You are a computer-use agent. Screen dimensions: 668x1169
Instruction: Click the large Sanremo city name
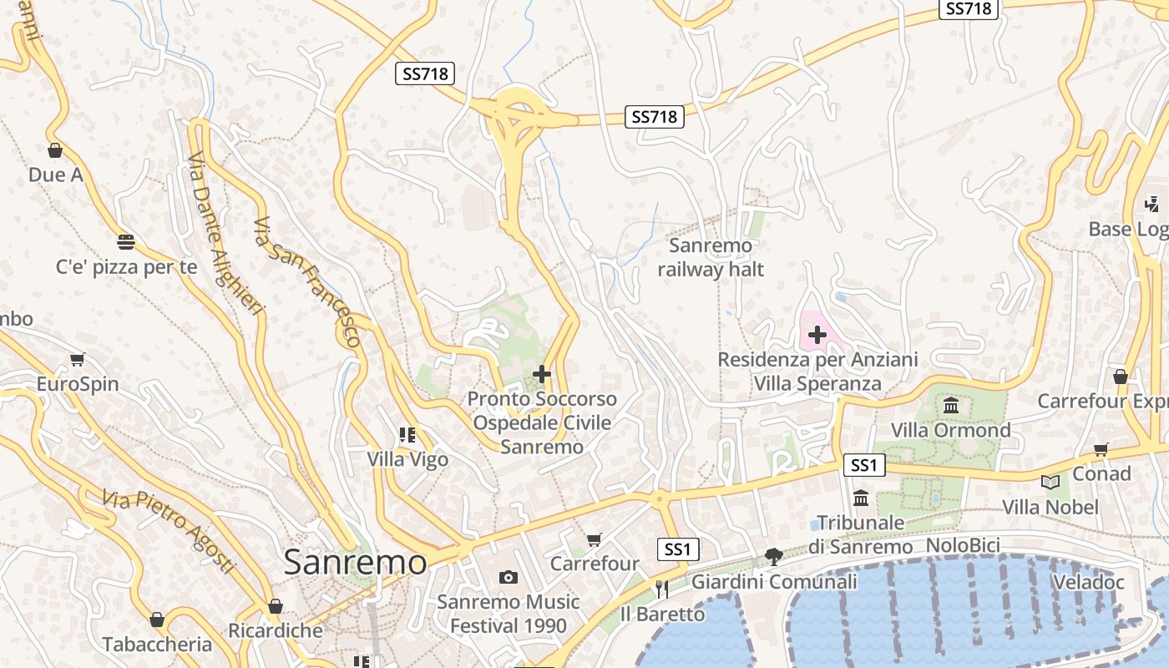click(x=355, y=562)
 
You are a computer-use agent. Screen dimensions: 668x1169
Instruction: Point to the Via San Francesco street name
click(x=307, y=282)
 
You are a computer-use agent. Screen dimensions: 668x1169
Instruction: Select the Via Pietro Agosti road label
click(x=169, y=532)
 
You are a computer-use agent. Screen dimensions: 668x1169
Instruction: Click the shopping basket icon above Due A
click(x=55, y=150)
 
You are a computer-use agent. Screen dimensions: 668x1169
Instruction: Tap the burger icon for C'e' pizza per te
click(x=126, y=242)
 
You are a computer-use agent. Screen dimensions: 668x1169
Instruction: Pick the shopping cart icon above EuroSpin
click(x=78, y=360)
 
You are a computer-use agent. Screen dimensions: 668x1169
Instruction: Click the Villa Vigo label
click(x=407, y=459)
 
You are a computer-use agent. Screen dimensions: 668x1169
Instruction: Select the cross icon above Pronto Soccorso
click(x=542, y=374)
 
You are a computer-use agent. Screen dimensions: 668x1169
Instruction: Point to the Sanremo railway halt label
click(x=711, y=257)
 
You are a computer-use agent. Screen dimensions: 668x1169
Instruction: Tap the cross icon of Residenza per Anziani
click(x=817, y=336)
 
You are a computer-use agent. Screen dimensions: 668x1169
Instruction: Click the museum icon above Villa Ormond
click(x=950, y=406)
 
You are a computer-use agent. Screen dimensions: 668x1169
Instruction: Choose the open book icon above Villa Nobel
click(x=1050, y=482)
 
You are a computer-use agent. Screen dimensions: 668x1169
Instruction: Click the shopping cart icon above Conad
click(x=1101, y=449)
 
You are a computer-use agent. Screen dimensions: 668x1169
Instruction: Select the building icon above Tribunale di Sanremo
click(x=861, y=498)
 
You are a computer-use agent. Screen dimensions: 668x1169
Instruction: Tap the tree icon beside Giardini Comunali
click(x=774, y=556)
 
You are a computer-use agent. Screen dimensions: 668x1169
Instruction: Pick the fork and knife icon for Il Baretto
click(x=662, y=590)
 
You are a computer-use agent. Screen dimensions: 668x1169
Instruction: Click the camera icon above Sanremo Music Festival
click(x=508, y=577)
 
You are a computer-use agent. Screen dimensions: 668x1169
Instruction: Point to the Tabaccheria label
click(x=157, y=644)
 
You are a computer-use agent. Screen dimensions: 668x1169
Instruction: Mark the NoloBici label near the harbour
click(x=963, y=546)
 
